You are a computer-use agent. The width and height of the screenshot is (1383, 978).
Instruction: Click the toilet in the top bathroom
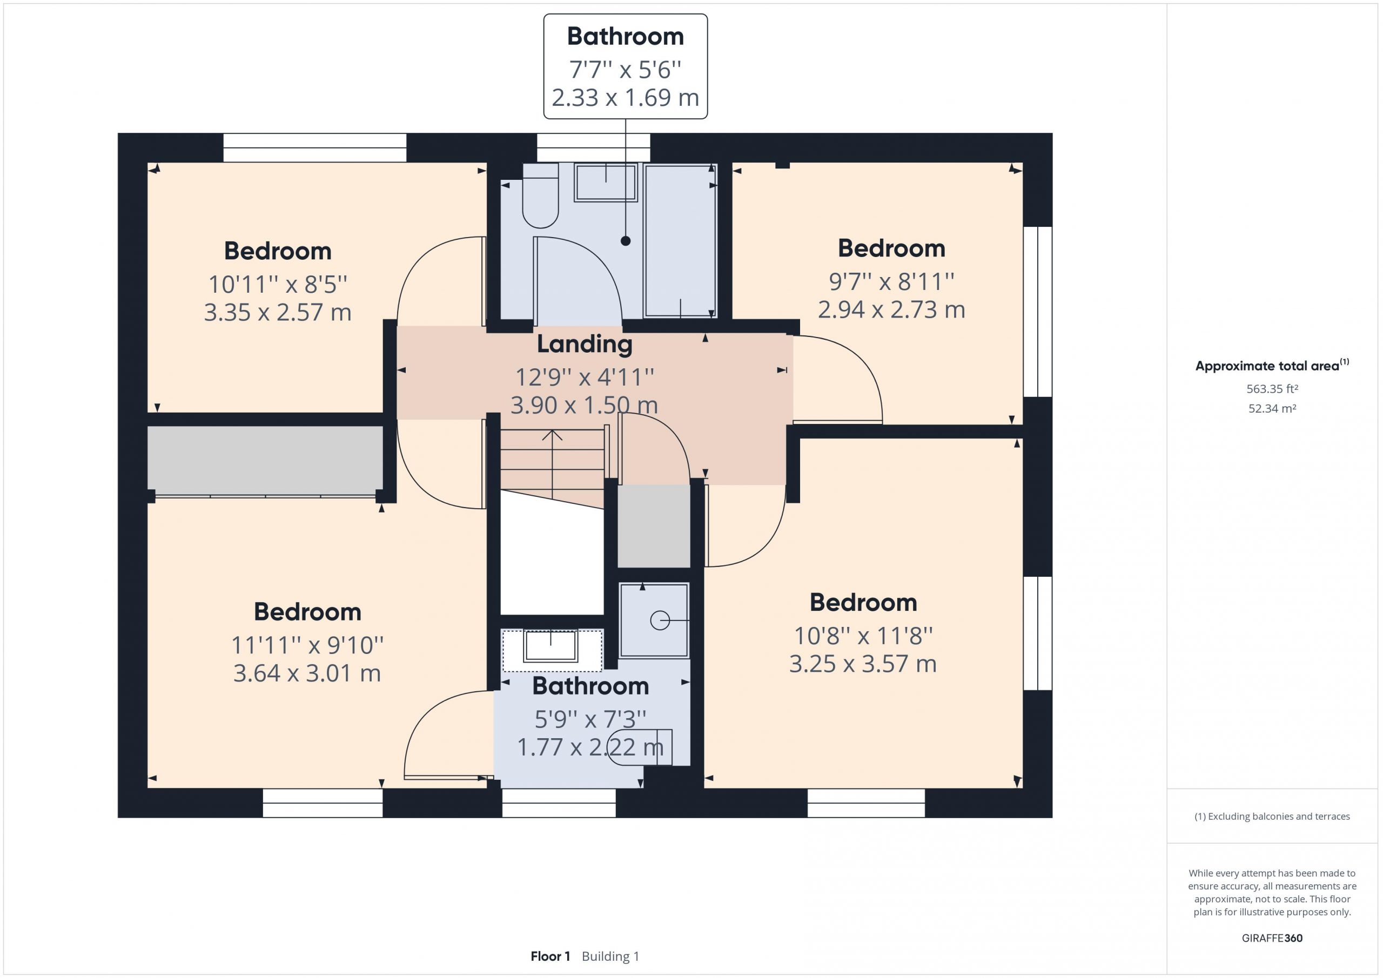click(540, 195)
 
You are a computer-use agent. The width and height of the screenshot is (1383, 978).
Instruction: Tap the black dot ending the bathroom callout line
click(625, 241)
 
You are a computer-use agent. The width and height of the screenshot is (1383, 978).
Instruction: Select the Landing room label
click(585, 344)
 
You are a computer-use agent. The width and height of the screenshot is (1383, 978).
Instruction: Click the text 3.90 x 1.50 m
click(585, 405)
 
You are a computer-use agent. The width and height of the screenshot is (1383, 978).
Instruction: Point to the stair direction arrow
click(552, 464)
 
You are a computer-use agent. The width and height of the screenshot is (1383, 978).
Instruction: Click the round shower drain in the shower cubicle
click(660, 620)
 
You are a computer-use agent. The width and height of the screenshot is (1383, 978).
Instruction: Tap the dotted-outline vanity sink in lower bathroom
click(552, 650)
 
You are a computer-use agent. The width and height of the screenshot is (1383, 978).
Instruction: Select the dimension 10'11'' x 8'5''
click(278, 284)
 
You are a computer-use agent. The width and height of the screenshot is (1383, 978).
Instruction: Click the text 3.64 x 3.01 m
click(307, 673)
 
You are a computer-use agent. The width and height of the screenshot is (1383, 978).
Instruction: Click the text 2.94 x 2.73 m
click(891, 309)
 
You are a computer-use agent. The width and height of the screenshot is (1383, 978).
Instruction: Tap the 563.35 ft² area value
click(1272, 389)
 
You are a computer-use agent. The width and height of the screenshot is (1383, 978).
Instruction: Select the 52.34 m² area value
click(1272, 408)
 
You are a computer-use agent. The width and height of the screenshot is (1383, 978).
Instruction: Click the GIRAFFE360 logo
click(1272, 937)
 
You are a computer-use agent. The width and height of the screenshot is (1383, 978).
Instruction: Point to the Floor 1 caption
click(550, 956)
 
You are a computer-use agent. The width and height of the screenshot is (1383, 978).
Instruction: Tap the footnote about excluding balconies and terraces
click(1272, 817)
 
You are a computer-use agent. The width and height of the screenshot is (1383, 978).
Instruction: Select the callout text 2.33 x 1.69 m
click(625, 98)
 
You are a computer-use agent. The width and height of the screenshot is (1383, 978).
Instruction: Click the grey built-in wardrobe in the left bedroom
click(266, 461)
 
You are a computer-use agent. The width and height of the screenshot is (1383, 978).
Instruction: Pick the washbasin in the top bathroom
click(606, 183)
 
